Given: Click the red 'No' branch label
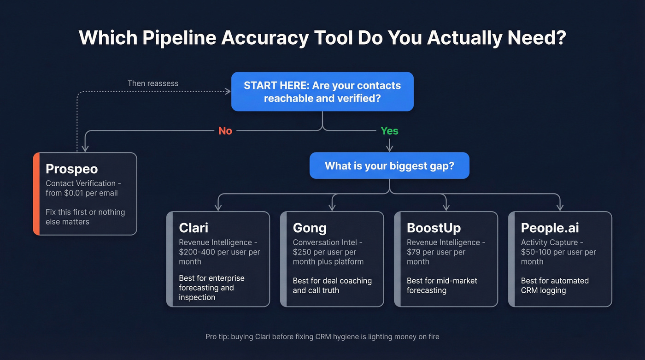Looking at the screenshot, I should click(x=225, y=131).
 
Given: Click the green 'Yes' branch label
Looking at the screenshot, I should click(x=389, y=131).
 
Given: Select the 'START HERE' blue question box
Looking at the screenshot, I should click(x=322, y=91).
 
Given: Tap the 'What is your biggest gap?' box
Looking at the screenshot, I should click(x=389, y=165).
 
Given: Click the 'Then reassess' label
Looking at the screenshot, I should click(x=153, y=83).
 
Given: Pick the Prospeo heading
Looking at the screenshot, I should click(x=71, y=169).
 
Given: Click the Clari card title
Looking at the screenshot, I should click(x=193, y=228).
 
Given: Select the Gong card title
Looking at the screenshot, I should click(x=310, y=228).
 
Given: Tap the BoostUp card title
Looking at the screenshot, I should click(x=434, y=228).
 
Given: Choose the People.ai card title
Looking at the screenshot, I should click(x=550, y=228).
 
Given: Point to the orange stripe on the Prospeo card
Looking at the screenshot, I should click(x=36, y=194).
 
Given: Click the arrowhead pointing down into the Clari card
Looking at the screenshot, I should click(x=218, y=207).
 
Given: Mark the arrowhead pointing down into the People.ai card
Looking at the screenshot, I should click(x=560, y=207).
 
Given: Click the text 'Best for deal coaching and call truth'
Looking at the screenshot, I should click(x=332, y=285).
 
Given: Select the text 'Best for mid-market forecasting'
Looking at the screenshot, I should click(x=442, y=285).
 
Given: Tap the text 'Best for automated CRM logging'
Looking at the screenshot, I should click(x=555, y=285).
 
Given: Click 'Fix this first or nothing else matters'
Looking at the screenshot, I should click(x=85, y=217).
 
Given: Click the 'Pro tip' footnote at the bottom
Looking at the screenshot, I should click(x=322, y=336).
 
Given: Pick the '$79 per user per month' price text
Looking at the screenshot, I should click(x=436, y=257).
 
